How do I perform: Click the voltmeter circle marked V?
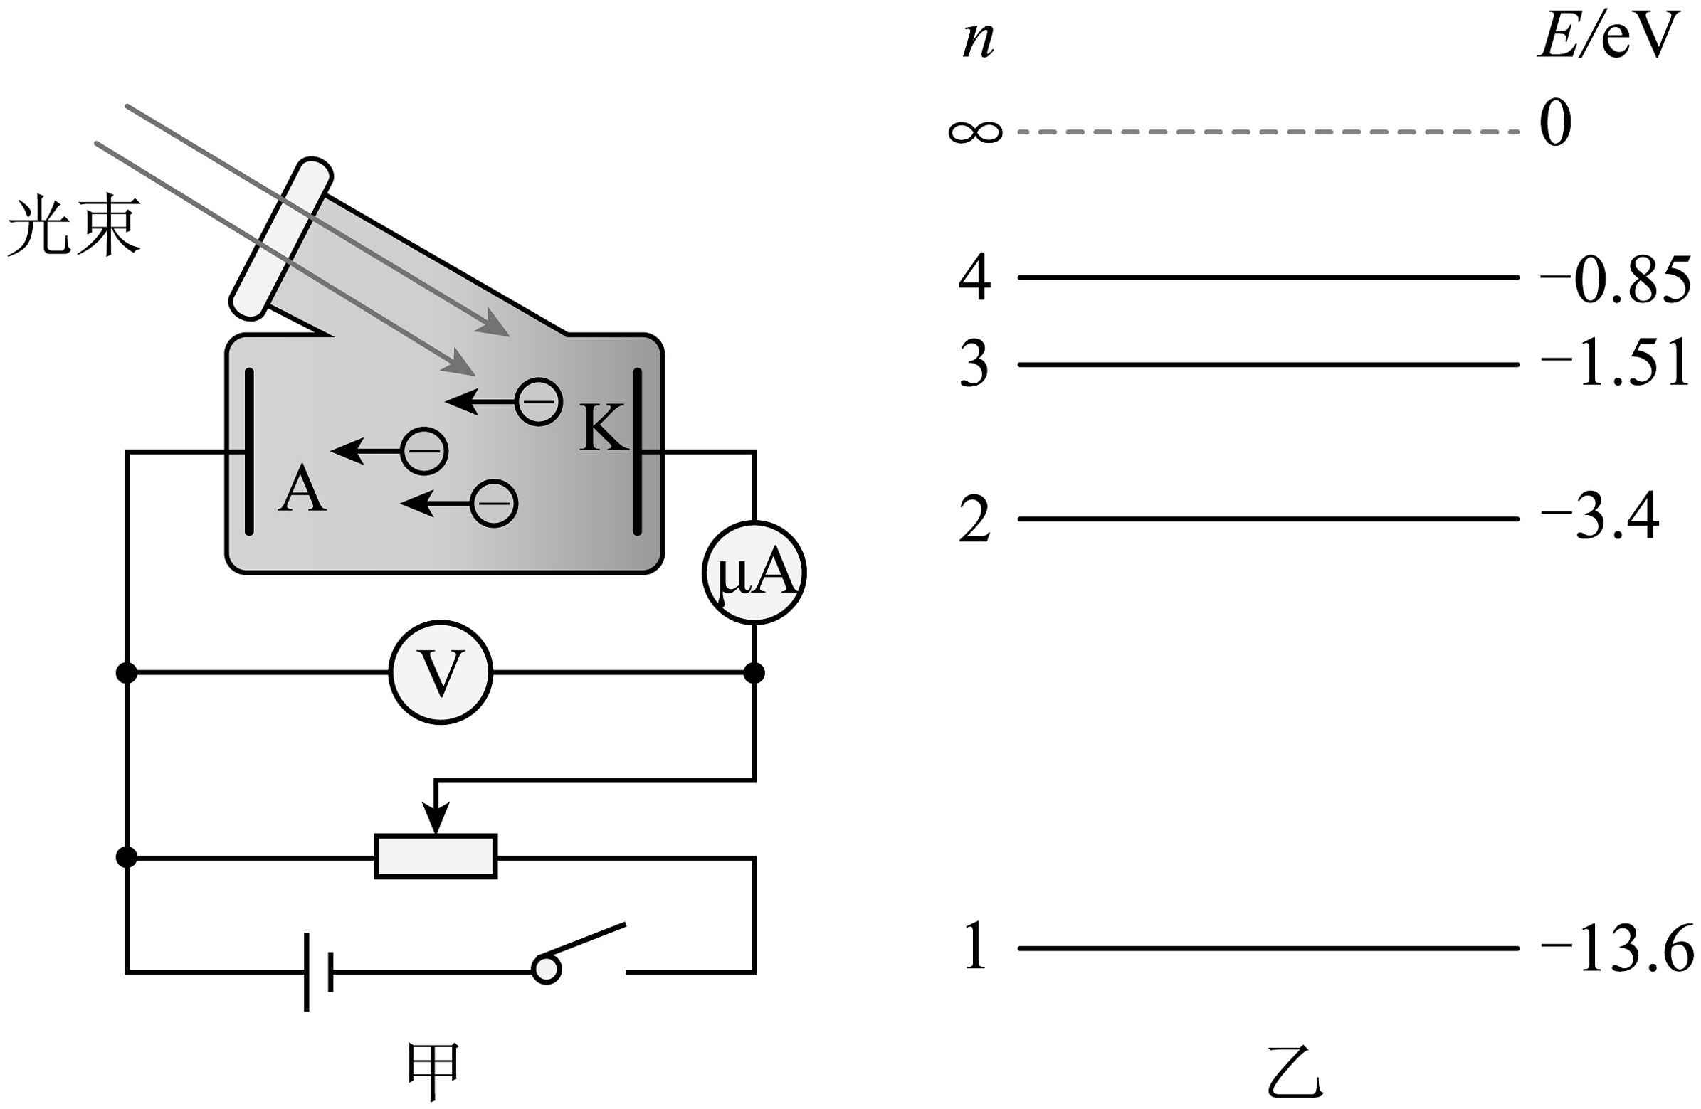[x=441, y=672]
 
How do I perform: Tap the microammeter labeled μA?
[x=754, y=573]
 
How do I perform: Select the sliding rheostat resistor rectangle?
[x=436, y=855]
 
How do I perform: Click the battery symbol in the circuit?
[x=318, y=971]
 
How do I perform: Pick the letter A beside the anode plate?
[x=302, y=489]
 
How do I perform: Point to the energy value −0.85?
[x=1615, y=279]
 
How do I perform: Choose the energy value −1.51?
[x=1615, y=364]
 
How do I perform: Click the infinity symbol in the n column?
[x=975, y=132]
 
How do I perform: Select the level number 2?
[x=974, y=519]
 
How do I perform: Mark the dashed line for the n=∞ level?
[x=1268, y=132]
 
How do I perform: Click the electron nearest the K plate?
[x=538, y=402]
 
